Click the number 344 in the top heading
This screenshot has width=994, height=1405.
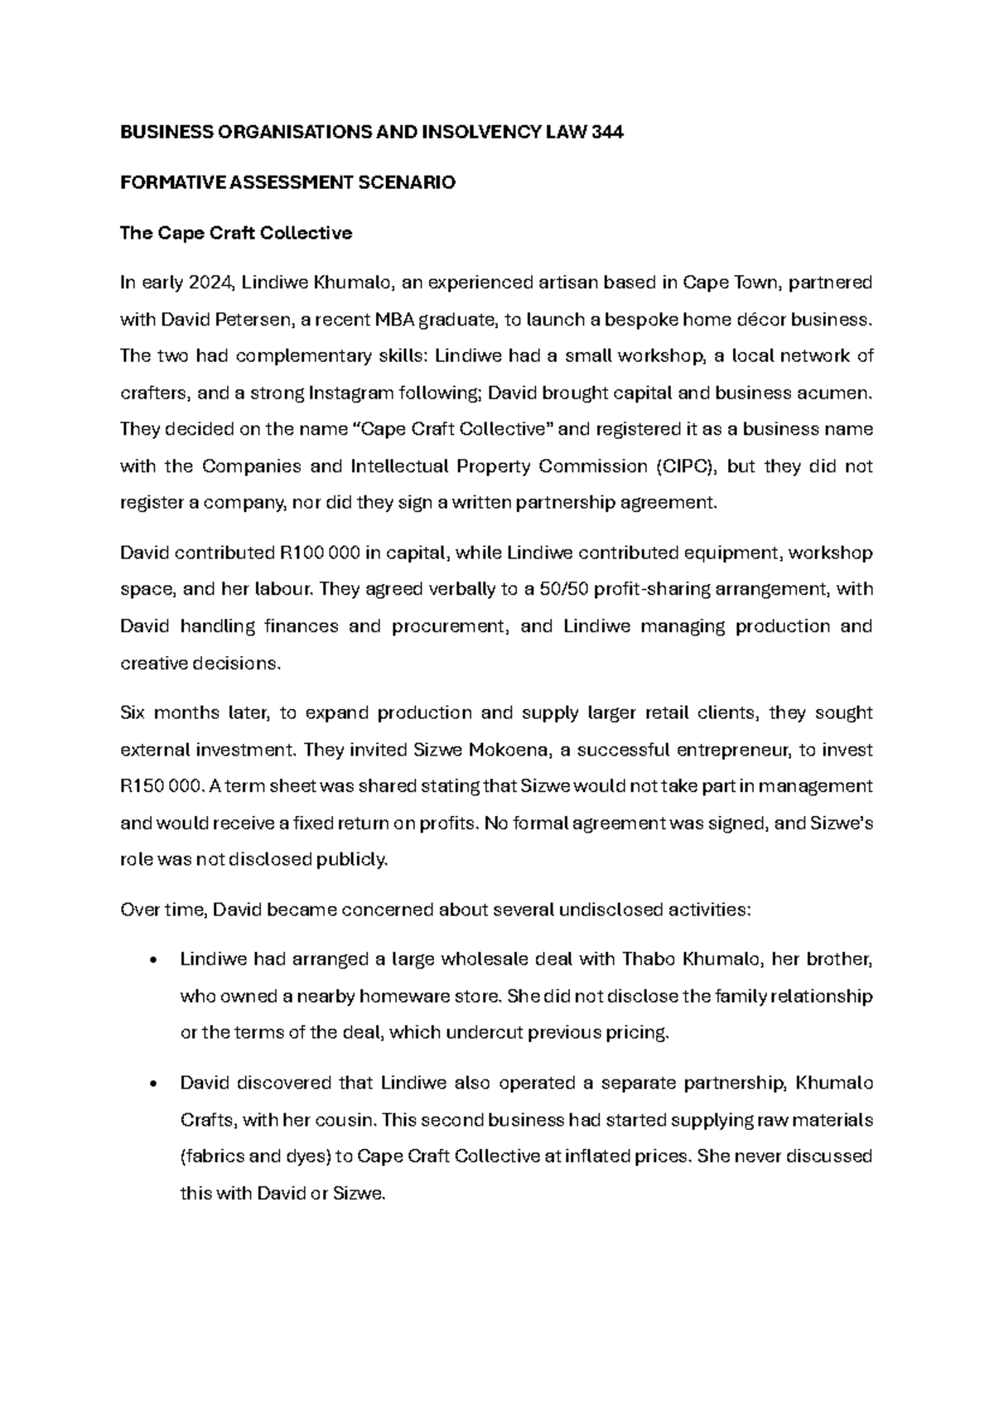click(604, 133)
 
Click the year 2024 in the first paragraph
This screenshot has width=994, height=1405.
click(213, 282)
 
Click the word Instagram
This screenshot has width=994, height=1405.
click(351, 393)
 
